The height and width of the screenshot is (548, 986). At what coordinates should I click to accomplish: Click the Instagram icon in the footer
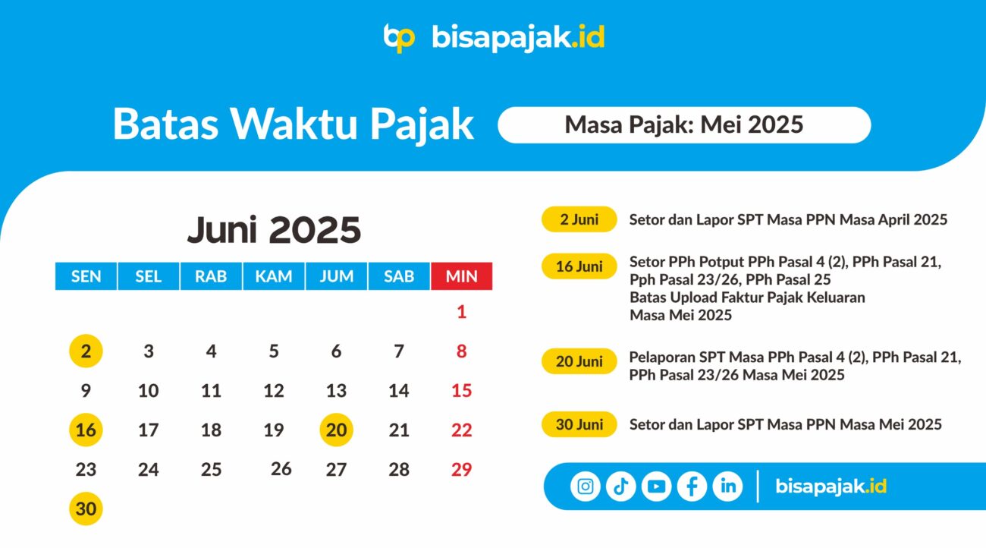click(x=585, y=487)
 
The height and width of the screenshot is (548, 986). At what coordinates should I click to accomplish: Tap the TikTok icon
click(x=620, y=487)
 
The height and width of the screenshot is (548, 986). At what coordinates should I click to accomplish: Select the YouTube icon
click(x=656, y=487)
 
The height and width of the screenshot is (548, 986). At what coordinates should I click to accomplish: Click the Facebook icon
click(x=692, y=487)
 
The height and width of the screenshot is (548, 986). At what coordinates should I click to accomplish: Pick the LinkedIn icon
click(x=727, y=487)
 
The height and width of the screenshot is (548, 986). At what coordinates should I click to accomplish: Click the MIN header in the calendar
click(x=461, y=276)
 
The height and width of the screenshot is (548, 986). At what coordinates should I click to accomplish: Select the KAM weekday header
click(x=273, y=276)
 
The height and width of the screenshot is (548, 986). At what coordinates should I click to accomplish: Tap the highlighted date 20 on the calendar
click(x=336, y=430)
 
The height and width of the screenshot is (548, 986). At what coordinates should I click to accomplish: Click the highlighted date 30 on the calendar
click(x=86, y=509)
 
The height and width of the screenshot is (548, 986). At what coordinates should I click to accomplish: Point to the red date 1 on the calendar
click(x=461, y=312)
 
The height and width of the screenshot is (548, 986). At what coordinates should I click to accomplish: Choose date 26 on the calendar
click(x=281, y=469)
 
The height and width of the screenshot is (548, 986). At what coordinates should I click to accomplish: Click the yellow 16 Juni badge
click(x=579, y=266)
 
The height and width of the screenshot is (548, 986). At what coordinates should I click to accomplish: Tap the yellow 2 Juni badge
click(x=579, y=219)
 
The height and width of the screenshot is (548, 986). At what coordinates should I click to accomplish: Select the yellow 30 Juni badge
click(x=579, y=424)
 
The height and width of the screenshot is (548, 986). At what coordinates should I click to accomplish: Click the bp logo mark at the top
click(x=399, y=38)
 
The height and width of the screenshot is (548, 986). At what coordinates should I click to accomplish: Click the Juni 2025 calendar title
click(x=274, y=229)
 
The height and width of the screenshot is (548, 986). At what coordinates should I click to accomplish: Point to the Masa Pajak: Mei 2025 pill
click(x=684, y=124)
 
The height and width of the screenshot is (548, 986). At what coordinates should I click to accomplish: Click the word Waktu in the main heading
click(x=294, y=124)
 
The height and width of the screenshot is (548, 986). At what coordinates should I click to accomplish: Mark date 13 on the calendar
click(x=336, y=391)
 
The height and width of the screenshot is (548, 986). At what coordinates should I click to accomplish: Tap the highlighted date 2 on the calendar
click(x=86, y=351)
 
